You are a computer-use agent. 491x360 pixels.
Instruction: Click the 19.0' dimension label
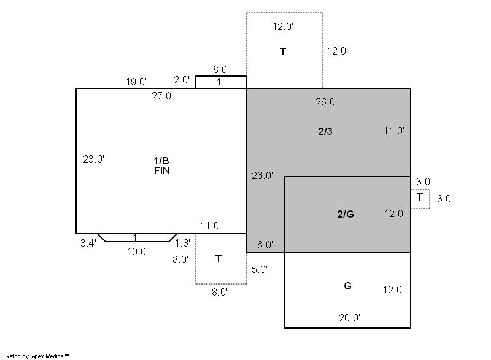pyautogui.click(x=136, y=82)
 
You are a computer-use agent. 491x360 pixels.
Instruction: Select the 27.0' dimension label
pyautogui.click(x=162, y=96)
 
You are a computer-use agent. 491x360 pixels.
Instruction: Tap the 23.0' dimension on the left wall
pyautogui.click(x=94, y=159)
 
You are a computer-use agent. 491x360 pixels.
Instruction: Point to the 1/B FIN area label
pyautogui.click(x=161, y=166)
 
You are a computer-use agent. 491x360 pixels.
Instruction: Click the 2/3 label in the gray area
pyautogui.click(x=325, y=131)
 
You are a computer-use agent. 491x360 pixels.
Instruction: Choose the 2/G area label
pyautogui.click(x=346, y=214)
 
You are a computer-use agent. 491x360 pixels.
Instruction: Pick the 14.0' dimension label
pyautogui.click(x=394, y=131)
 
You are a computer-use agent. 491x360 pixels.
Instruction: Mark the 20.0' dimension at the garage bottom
pyautogui.click(x=349, y=318)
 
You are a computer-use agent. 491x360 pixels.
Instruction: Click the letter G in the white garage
pyautogui.click(x=347, y=286)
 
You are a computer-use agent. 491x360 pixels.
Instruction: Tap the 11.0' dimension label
pyautogui.click(x=211, y=226)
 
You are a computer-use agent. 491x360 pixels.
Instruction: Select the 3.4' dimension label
pyautogui.click(x=88, y=243)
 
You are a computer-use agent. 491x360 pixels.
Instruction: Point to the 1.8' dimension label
pyautogui.click(x=182, y=243)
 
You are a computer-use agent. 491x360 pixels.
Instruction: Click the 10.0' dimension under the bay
pyautogui.click(x=137, y=251)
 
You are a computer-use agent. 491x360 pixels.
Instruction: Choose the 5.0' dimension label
pyautogui.click(x=260, y=269)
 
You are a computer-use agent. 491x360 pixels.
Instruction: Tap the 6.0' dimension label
pyautogui.click(x=265, y=245)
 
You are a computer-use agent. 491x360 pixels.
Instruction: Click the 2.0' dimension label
pyautogui.click(x=182, y=80)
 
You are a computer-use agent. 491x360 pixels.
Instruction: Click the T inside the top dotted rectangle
pyautogui.click(x=283, y=52)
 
